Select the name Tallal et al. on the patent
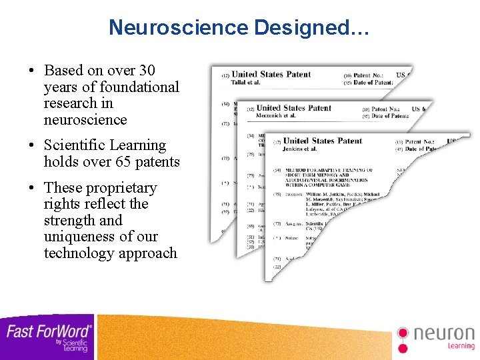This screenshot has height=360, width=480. coord(245,83)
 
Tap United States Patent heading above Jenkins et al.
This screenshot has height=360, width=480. coord(323,141)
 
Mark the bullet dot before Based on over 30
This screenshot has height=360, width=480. coord(31,71)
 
